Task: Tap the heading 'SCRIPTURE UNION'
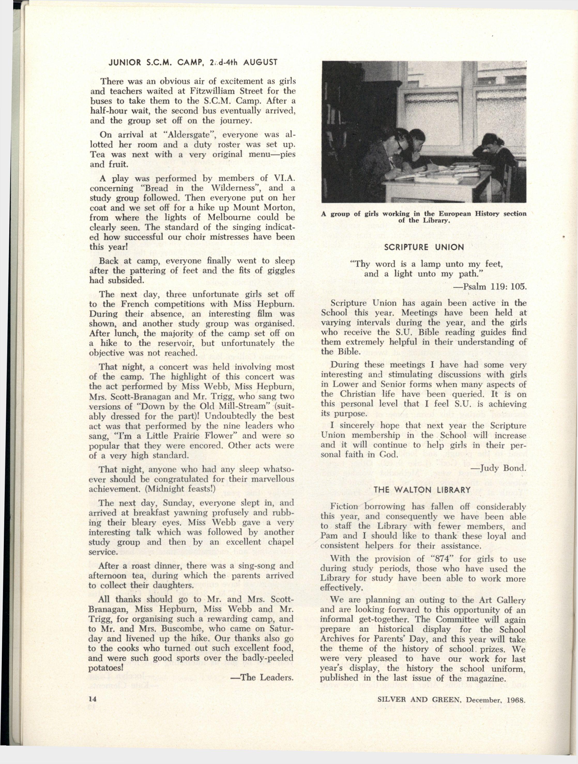424,247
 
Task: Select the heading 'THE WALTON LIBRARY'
422,490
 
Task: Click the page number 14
92,698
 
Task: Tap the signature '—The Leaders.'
262,677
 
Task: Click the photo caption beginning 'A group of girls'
424,217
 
